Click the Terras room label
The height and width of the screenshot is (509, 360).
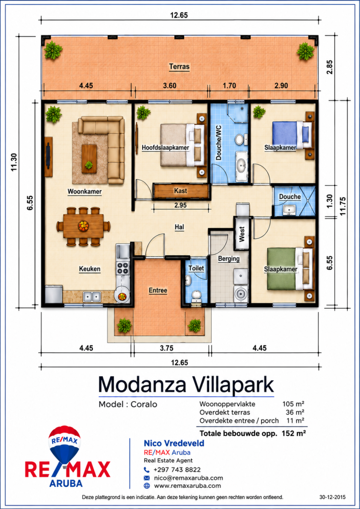pos(179,66)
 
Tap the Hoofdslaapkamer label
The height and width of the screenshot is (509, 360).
pos(165,148)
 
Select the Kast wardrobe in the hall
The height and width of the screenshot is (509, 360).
pos(180,190)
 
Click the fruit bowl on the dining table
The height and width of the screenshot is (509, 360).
pos(83,225)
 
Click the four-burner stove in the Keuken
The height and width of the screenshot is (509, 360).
pos(123,268)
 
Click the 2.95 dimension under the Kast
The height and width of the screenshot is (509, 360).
pos(180,205)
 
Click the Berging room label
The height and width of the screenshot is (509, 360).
pos(229,259)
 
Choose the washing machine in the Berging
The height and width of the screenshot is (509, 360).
pos(240,294)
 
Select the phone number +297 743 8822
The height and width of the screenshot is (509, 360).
pos(177,469)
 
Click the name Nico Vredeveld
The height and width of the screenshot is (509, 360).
pos(174,443)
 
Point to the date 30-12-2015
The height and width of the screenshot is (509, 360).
pos(332,497)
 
